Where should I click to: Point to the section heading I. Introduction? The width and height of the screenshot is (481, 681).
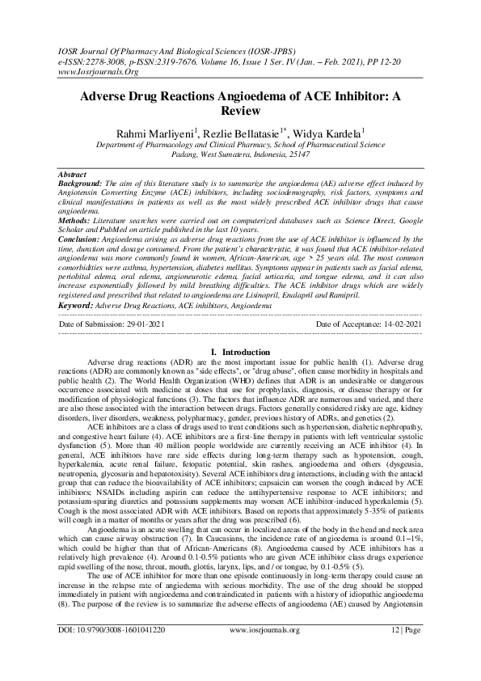240,353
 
